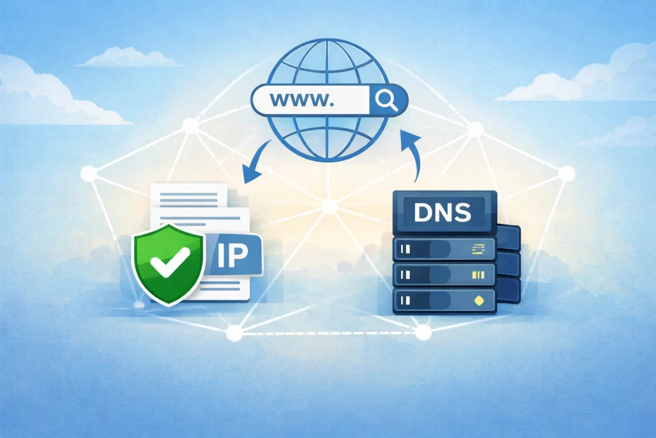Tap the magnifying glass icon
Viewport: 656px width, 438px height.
[x=387, y=99]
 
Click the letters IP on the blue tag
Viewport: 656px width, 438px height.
[x=232, y=255]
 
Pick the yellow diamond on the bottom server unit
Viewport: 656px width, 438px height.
[x=477, y=299]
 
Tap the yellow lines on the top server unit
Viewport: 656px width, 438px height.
[x=478, y=248]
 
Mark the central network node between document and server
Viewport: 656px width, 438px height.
[x=329, y=206]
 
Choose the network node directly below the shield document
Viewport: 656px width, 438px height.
[x=234, y=332]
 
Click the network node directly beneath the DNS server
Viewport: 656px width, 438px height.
[x=423, y=332]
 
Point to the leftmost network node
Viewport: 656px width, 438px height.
[x=88, y=173]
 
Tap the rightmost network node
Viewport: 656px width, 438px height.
[x=567, y=173]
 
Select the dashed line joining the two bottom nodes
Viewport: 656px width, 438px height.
[x=328, y=333]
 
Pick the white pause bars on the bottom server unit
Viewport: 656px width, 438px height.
[x=405, y=299]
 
